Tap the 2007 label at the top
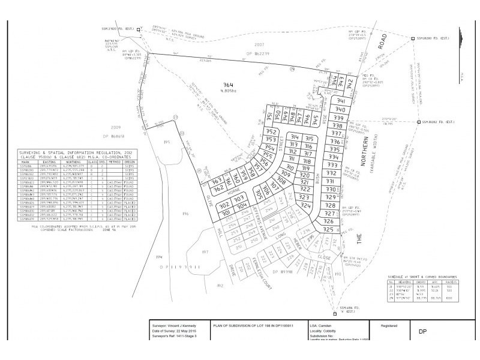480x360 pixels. coord(259,44)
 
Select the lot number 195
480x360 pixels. coord(167,143)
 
